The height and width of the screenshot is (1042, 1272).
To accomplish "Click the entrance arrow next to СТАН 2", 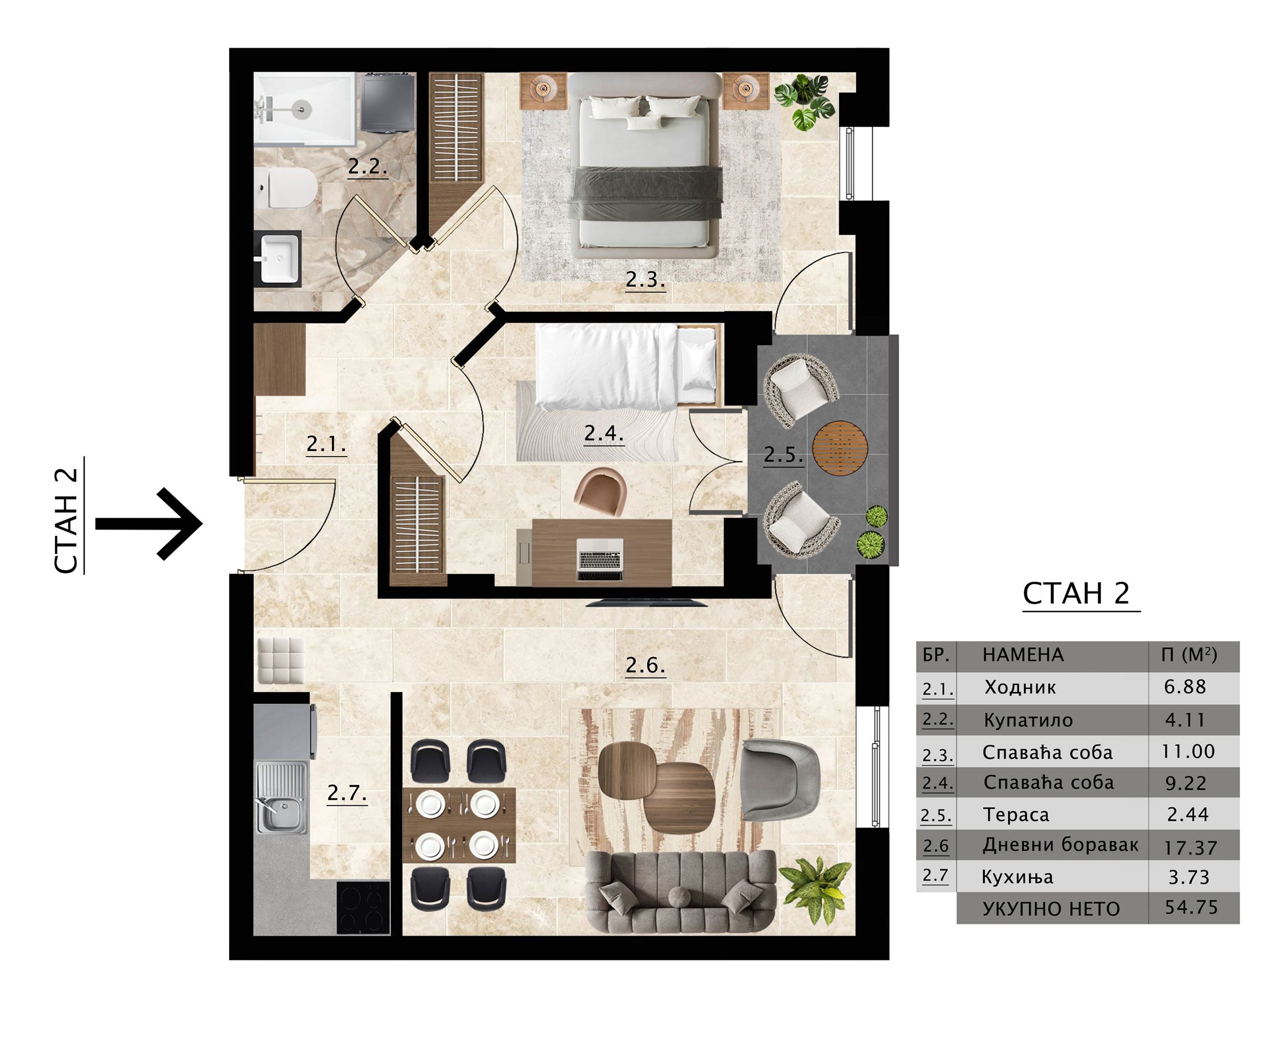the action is tap(149, 524).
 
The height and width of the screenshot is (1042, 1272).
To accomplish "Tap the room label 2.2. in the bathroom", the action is tap(367, 167).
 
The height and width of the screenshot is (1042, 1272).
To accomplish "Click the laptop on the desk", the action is tap(600, 560).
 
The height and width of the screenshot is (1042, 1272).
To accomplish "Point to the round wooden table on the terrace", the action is tap(840, 448).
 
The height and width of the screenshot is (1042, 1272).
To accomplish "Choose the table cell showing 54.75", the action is tap(1191, 907).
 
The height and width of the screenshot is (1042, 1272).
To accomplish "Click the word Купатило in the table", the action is tap(1028, 721).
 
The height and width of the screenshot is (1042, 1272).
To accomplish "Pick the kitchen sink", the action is tap(282, 798).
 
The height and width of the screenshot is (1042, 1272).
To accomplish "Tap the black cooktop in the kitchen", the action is tap(363, 907).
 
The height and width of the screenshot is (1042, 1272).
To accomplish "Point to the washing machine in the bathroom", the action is tap(388, 102).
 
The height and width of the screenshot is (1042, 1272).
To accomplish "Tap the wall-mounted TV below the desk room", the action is tap(646, 602).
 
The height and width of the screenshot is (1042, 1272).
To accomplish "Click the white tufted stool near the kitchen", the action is tap(281, 660).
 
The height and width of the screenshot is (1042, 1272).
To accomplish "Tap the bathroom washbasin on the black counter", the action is tap(280, 257).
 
